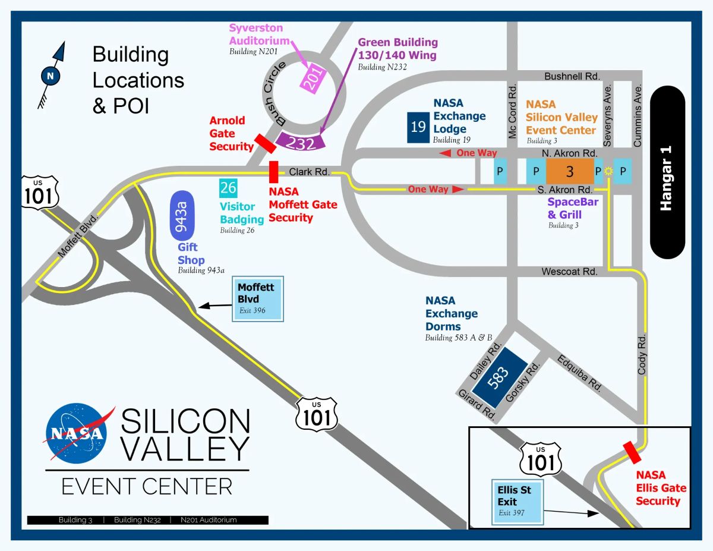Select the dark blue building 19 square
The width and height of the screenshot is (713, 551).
pos(418,127)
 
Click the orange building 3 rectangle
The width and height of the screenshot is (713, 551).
pos(570,171)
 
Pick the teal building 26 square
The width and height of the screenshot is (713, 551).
pos(228,188)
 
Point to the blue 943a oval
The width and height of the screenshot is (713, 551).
pos(182,216)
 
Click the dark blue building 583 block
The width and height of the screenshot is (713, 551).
pos(499,377)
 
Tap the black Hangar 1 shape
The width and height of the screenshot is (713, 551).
pos(667,172)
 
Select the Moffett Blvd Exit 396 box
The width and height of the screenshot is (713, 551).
pos(258,298)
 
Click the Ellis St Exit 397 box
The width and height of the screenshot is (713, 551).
pos(518,502)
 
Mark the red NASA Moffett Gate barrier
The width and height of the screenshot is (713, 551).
pos(274,172)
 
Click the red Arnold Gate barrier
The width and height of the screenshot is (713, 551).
pos(266,143)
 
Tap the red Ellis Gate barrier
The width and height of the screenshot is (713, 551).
pos(632,452)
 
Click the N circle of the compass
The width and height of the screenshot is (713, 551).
pos(51,76)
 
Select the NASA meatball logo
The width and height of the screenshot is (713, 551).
pos(77,433)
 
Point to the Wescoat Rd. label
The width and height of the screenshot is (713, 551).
pos(569,272)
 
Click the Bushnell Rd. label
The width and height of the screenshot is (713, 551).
pos(572,77)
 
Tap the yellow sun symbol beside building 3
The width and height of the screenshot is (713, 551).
pos(608,171)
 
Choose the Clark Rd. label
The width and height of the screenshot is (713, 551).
pos(309,172)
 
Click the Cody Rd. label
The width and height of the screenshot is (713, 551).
pos(642,354)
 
